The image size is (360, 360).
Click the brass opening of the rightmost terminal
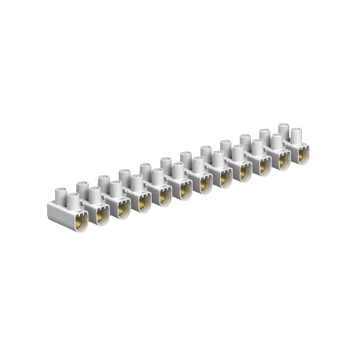coord(303,156)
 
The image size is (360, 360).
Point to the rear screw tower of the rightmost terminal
coord(284,127)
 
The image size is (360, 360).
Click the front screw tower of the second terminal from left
coord(94,193)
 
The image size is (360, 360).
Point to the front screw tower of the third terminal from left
coord(115,188)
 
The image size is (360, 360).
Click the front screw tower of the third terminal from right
coord(256,147)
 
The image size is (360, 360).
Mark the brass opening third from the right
coord(263,167)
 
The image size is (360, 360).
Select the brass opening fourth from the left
coord(143,203)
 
